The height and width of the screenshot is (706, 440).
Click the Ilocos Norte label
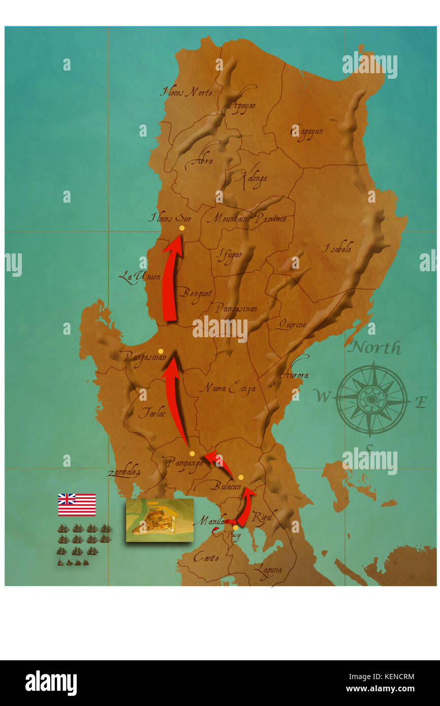pyautogui.click(x=186, y=92)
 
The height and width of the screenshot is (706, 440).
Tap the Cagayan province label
pyautogui.click(x=306, y=132)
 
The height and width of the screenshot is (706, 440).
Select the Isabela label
pyautogui.click(x=337, y=249)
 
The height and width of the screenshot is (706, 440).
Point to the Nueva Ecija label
pyautogui.click(x=227, y=388)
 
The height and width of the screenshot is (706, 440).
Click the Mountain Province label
pyautogui.click(x=246, y=218)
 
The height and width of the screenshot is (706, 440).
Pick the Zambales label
pyautogui.click(x=123, y=472)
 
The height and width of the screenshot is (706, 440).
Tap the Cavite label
pyautogui.click(x=206, y=557)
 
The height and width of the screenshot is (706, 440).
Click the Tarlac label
pyautogui.click(x=152, y=413)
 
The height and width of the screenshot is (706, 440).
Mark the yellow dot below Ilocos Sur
pyautogui.click(x=182, y=228)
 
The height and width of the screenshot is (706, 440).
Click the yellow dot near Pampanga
pyautogui.click(x=192, y=454)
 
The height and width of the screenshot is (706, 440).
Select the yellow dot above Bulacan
pyautogui.click(x=241, y=477)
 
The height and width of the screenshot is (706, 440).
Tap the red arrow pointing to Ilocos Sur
pyautogui.click(x=171, y=279)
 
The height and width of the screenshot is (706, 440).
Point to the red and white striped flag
pyautogui.click(x=77, y=504)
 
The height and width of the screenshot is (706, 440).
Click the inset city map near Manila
pyautogui.click(x=160, y=520)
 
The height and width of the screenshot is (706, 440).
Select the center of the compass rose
pyautogui.click(x=372, y=399)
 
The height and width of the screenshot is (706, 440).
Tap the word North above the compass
pyautogui.click(x=375, y=348)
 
